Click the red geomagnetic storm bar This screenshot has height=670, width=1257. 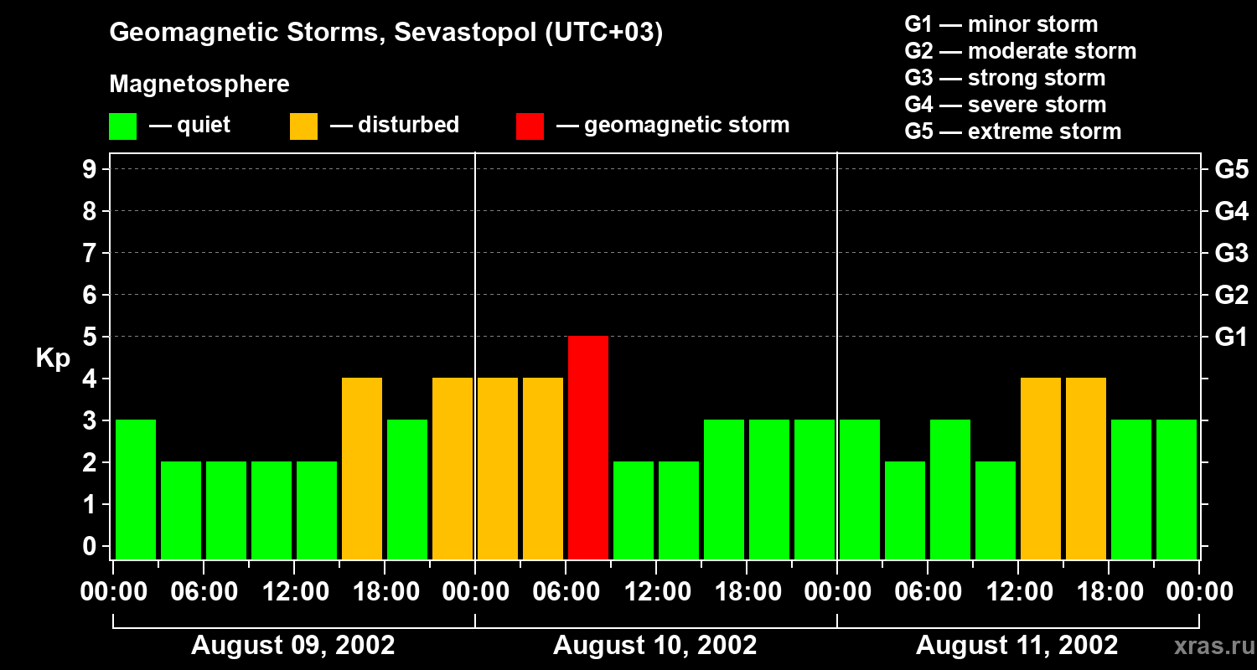pos(588,447)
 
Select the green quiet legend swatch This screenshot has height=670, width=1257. pos(122,126)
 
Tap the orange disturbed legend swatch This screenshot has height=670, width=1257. pos(303,126)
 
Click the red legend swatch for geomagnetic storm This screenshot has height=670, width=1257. pos(530,126)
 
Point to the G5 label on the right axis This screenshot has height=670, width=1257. pos(1231,169)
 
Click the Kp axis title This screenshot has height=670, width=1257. pos(53,358)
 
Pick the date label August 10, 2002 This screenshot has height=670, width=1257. pos(655,646)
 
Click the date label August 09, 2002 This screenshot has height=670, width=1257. pos(293,646)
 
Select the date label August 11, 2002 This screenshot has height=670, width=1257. pos(1016,646)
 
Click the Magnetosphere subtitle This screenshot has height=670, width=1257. pos(199,85)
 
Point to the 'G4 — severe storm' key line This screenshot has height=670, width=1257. pos(1006,105)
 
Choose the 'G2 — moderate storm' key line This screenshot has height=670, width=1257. pos(1021,51)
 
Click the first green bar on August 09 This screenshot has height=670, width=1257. pos(136,489)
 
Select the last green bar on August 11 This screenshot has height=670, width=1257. pos(1177,489)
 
